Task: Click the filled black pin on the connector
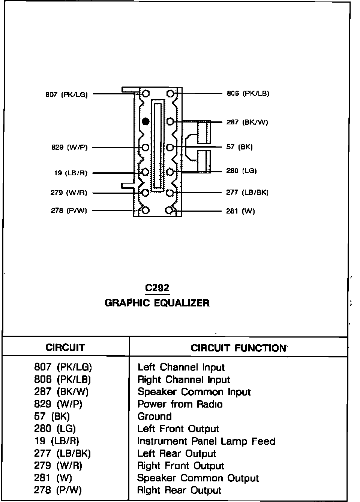tap(146, 121)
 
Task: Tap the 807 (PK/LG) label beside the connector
tap(66, 95)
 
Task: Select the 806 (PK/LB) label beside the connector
tap(248, 94)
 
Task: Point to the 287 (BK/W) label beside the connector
tap(247, 122)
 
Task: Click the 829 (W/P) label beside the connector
tap(69, 148)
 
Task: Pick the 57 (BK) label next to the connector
tap(239, 147)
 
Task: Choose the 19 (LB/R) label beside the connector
tap(70, 173)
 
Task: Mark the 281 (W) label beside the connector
tap(240, 211)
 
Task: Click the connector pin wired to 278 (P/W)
tap(146, 210)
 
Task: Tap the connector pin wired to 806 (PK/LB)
tap(171, 93)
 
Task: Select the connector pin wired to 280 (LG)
tap(170, 172)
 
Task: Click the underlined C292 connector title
tap(157, 288)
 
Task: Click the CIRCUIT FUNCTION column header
tap(238, 348)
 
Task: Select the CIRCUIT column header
tap(65, 348)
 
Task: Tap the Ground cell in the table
tap(154, 417)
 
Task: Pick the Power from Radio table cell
tap(180, 404)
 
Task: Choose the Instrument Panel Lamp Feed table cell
tap(206, 441)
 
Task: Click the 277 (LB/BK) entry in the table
tap(62, 454)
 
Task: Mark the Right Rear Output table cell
tap(179, 490)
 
